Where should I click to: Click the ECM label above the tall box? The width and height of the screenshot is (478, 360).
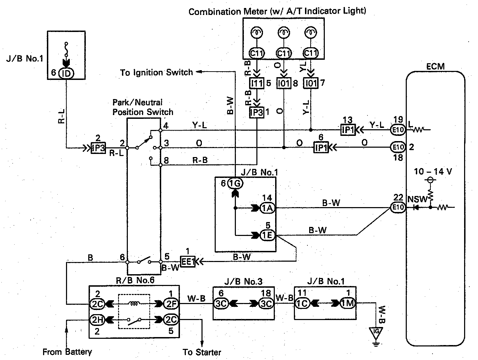(x=435, y=66)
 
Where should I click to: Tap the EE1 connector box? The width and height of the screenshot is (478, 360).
(x=188, y=261)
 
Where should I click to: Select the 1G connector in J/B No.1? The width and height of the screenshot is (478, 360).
(x=236, y=183)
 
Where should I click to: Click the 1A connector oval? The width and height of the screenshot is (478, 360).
(x=267, y=208)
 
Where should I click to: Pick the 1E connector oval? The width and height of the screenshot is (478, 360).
(x=267, y=235)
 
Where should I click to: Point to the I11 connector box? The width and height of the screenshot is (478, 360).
(x=257, y=83)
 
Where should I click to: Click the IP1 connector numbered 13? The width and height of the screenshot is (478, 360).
(x=347, y=130)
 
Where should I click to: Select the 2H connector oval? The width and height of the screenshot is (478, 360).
(x=97, y=319)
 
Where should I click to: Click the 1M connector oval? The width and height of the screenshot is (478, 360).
(x=348, y=303)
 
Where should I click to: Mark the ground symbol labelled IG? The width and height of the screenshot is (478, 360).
(x=376, y=332)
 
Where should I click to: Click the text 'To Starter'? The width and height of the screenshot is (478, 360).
(x=202, y=352)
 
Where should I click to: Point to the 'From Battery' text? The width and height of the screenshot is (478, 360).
(x=67, y=352)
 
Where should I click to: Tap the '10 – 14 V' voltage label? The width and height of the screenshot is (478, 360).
(x=433, y=172)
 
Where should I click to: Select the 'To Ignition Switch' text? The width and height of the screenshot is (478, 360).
(x=156, y=73)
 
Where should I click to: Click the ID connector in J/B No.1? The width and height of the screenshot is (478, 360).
(x=67, y=73)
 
